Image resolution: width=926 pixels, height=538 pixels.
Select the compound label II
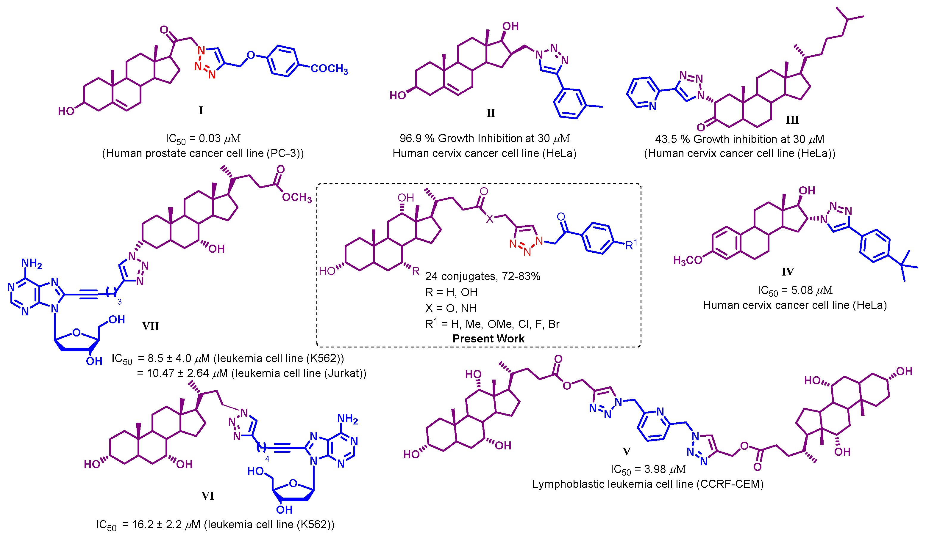click(x=491, y=113)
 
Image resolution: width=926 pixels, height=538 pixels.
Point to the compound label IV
click(x=788, y=272)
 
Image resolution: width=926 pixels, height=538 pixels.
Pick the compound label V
click(x=627, y=452)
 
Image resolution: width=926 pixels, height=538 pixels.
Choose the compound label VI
click(x=208, y=496)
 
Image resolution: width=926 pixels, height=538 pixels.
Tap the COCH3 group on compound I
click(x=329, y=69)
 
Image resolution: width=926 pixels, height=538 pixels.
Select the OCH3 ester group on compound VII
click(x=296, y=198)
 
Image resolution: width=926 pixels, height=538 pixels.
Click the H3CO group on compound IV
click(x=688, y=261)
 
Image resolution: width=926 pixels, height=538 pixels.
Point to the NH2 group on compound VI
click(x=347, y=419)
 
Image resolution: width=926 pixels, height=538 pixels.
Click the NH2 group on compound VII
click(x=32, y=263)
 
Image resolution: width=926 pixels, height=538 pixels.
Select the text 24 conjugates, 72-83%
click(x=482, y=276)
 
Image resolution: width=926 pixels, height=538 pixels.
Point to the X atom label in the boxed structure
click(x=490, y=219)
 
